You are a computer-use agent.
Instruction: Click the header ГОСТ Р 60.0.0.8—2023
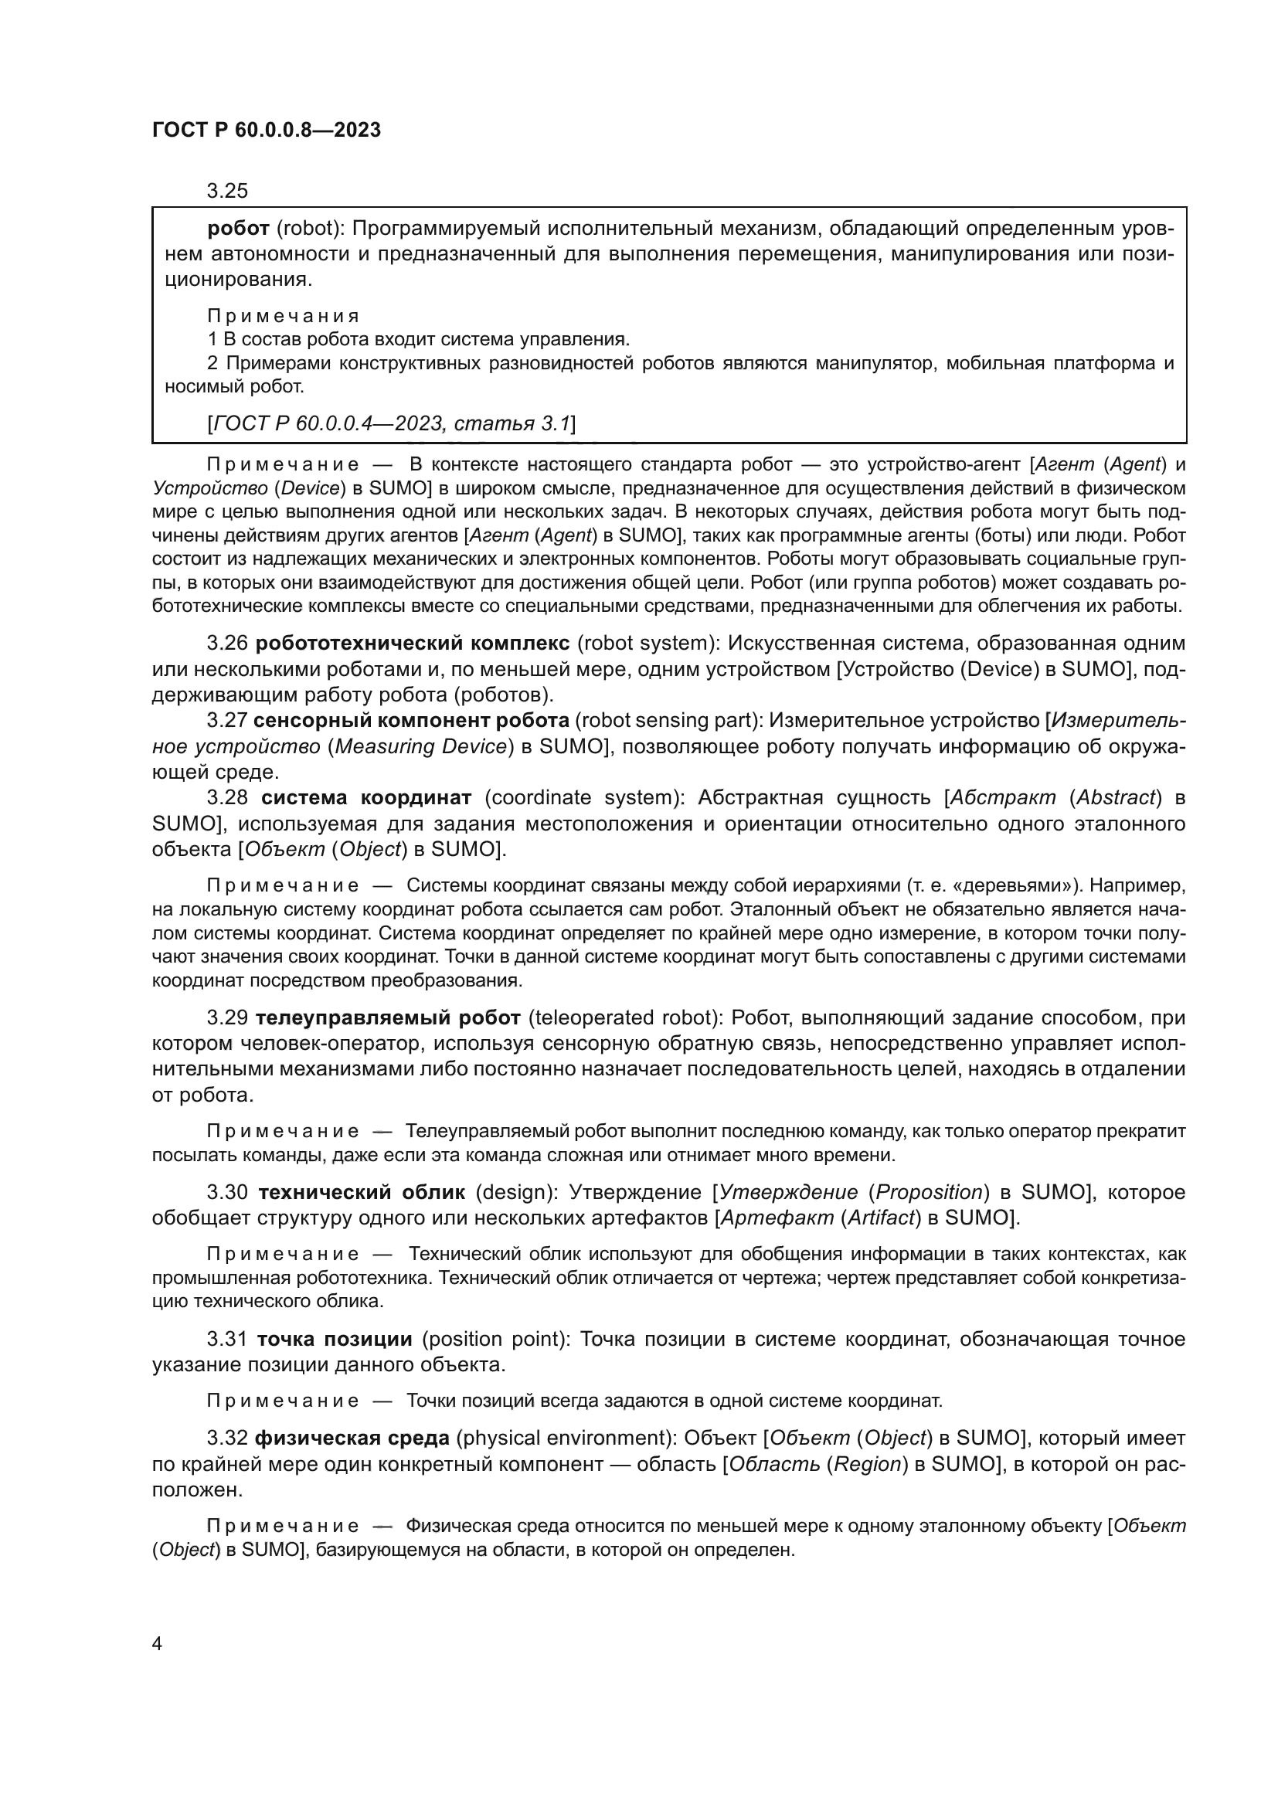[x=266, y=130]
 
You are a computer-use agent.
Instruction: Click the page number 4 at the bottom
[x=158, y=1644]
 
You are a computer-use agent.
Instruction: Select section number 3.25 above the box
[x=227, y=191]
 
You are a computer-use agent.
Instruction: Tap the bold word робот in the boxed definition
[x=239, y=229]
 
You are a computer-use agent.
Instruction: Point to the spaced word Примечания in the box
[x=283, y=316]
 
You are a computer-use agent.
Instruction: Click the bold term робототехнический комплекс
[x=413, y=643]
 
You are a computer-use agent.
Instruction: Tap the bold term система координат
[x=366, y=798]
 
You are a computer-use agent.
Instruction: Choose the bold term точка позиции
[x=335, y=1339]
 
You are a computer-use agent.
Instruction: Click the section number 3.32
[x=227, y=1438]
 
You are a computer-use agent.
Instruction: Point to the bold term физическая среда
[x=352, y=1438]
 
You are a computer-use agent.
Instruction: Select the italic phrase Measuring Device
[x=420, y=746]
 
